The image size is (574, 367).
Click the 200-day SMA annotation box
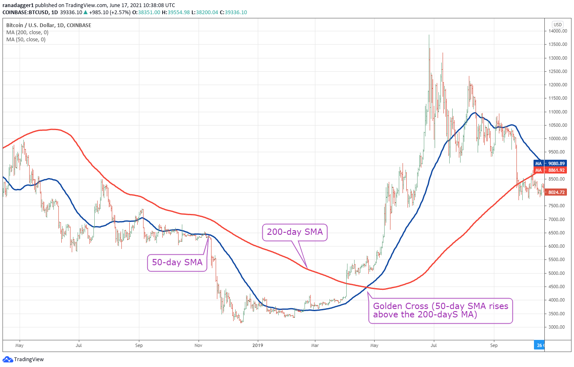pos(295,232)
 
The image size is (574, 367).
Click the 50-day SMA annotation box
pos(177,262)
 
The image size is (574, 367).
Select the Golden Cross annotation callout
pos(441,311)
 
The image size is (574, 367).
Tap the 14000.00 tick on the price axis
pos(558,31)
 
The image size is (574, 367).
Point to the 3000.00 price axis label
pos(558,327)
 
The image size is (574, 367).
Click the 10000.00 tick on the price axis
pos(558,138)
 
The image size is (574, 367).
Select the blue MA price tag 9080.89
pos(550,163)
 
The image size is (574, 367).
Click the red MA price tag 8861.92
pos(550,170)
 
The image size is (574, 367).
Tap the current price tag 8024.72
pos(556,192)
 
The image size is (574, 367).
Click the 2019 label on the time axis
pos(258,345)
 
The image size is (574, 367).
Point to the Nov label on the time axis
pos(198,345)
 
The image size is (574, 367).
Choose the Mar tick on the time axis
pos(315,345)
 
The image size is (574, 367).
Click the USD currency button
pos(558,25)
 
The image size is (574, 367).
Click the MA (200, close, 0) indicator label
pos(28,32)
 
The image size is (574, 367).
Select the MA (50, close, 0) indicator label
pos(26,40)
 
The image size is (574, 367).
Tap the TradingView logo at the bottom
pos(23,359)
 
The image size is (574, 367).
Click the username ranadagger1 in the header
pos(18,5)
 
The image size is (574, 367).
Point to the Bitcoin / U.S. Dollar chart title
pos(49,25)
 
